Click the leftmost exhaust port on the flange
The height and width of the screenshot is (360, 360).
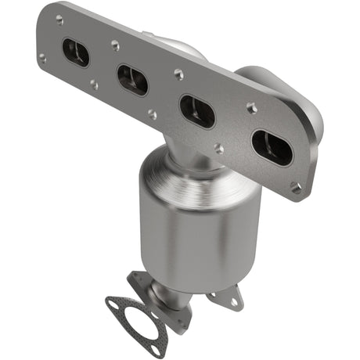[x=76, y=52]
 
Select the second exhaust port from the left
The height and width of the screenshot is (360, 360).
[x=132, y=79]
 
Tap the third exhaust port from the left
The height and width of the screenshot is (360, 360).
[x=196, y=111]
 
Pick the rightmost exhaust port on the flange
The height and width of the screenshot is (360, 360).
[x=271, y=147]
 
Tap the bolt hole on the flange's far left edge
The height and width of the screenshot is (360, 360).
[x=43, y=57]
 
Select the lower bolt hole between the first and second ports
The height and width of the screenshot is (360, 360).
[x=93, y=84]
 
